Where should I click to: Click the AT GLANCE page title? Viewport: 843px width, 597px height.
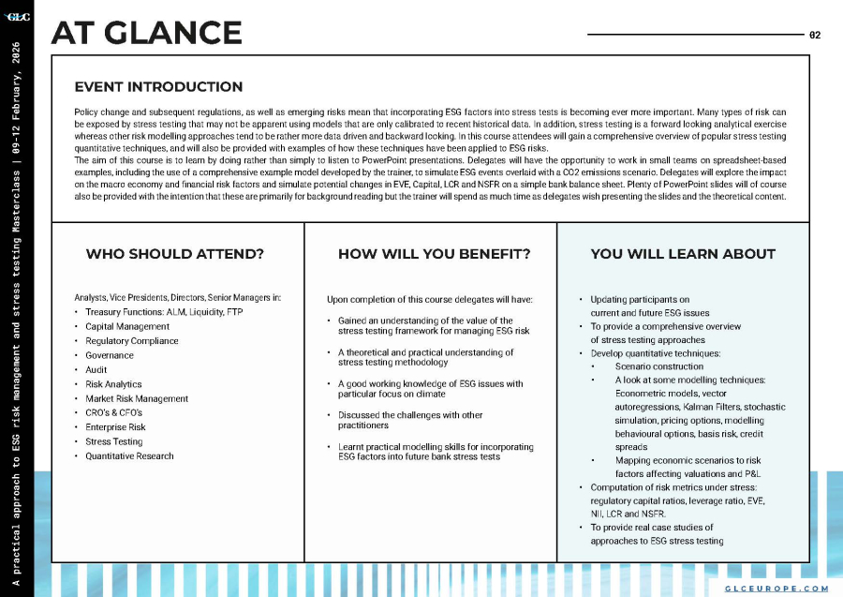[x=146, y=33]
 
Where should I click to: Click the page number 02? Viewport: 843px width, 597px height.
[x=815, y=35]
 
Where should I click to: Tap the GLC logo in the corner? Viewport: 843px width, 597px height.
[x=17, y=16]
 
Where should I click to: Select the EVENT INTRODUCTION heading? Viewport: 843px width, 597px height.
[x=158, y=87]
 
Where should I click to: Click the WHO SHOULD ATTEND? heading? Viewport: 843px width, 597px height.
[x=174, y=254]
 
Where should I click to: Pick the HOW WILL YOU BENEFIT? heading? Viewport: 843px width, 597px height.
[x=434, y=254]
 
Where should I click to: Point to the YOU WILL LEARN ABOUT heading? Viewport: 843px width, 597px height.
[x=683, y=254]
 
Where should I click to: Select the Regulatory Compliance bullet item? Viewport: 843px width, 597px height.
[x=131, y=341]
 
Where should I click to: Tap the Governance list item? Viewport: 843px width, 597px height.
[x=110, y=356]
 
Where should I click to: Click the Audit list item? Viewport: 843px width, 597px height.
[x=96, y=370]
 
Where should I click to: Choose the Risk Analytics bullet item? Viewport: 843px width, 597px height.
[x=113, y=384]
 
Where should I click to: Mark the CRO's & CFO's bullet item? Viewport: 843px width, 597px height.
[x=113, y=413]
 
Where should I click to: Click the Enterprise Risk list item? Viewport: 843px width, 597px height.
[x=115, y=427]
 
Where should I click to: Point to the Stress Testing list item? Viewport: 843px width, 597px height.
[x=114, y=441]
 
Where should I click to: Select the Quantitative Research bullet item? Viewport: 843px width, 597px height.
[x=129, y=456]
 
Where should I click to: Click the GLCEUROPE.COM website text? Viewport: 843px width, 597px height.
[x=776, y=588]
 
